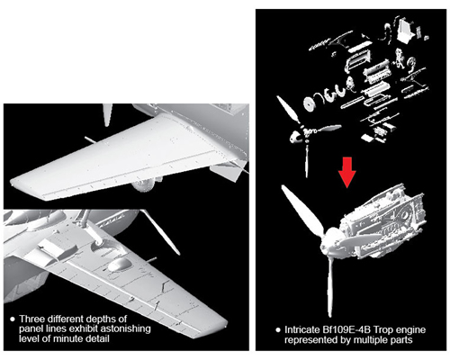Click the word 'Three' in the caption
click(31, 319)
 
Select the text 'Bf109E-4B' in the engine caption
click(348, 330)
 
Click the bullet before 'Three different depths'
click(13, 319)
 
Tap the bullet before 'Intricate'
click(278, 330)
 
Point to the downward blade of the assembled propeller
click(329, 286)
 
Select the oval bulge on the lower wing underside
click(119, 265)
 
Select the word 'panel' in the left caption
click(31, 329)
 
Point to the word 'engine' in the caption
click(411, 330)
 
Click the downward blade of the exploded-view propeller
click(307, 160)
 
